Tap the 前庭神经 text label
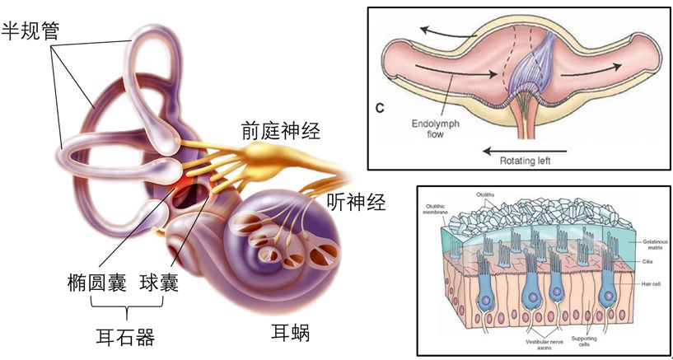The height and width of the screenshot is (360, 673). (x=280, y=129)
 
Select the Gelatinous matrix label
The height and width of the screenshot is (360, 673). (x=653, y=244)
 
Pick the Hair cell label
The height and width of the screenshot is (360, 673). (x=650, y=283)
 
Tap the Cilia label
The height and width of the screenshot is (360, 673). (x=646, y=259)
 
